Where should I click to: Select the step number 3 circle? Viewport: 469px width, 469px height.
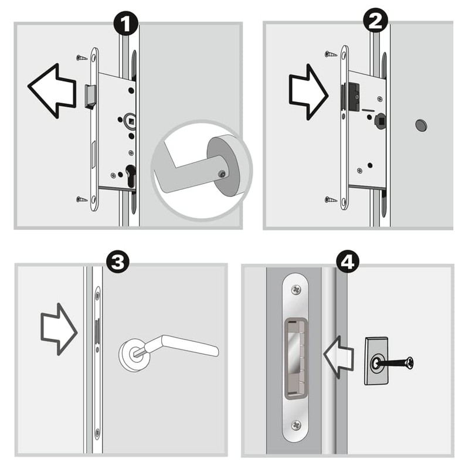118,261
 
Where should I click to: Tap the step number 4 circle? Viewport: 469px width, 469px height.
348,261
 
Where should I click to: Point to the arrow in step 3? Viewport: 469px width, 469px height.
59,329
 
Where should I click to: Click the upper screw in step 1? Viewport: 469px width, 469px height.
81,57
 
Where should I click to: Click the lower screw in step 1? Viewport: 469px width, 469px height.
81,199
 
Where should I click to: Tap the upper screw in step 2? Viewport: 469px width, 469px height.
331,54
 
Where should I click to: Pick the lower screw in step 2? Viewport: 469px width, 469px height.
331,200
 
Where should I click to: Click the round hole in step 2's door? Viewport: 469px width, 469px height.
421,124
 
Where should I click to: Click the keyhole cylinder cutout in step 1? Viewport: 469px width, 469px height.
130,176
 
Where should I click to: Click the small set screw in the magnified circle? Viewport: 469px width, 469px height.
220,172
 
